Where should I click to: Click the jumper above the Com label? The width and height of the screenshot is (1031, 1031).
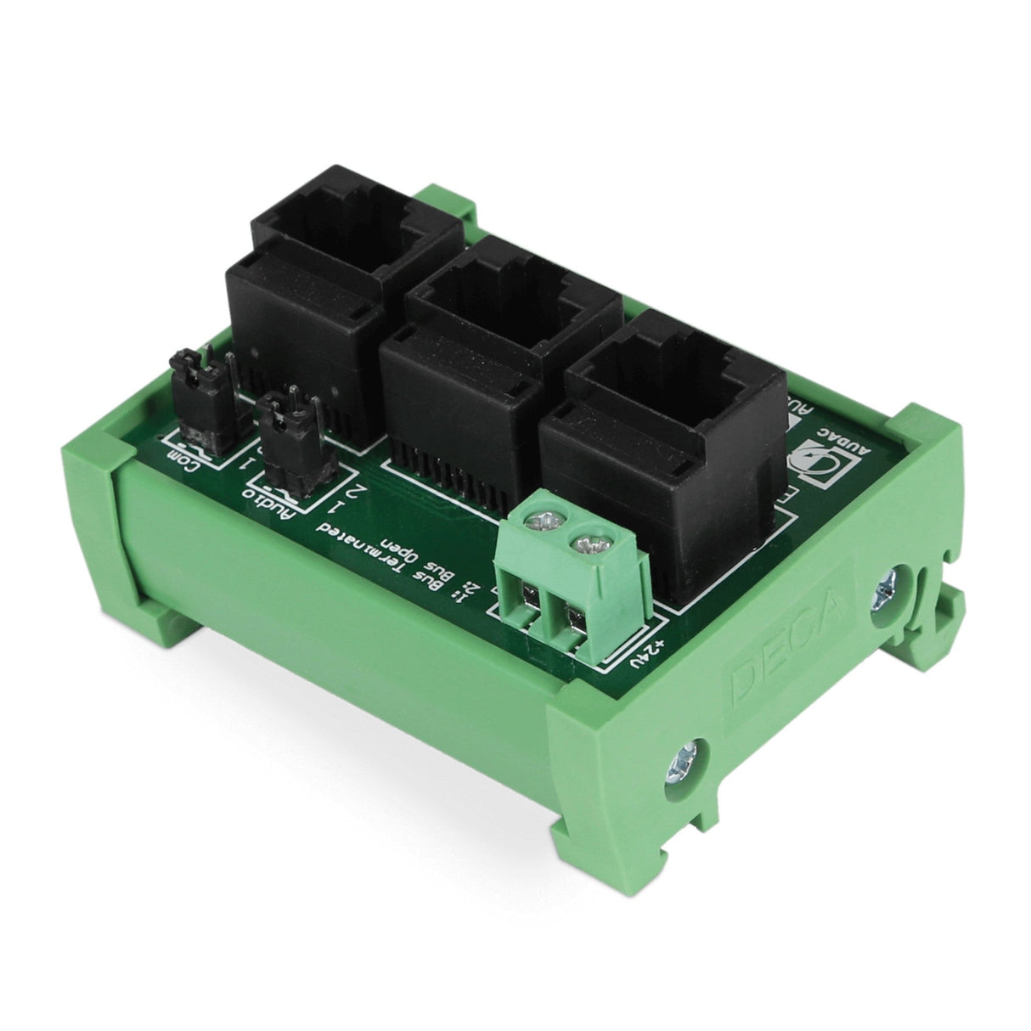(200, 395)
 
